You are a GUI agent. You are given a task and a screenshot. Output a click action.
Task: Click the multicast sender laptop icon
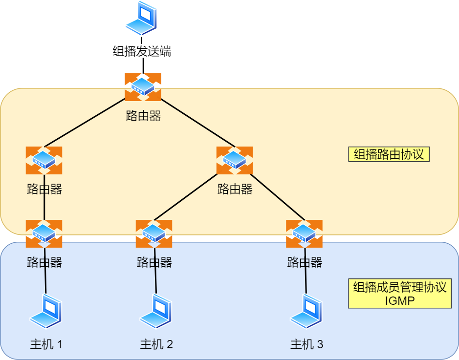[142, 19]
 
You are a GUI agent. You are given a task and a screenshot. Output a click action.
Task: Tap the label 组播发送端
[142, 51]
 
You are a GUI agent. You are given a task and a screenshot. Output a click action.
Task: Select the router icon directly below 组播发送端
[143, 87]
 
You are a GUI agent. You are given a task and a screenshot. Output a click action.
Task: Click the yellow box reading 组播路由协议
[389, 154]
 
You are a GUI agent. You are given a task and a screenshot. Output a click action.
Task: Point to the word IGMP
[399, 300]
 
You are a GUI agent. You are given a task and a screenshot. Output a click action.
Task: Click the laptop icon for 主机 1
[46, 311]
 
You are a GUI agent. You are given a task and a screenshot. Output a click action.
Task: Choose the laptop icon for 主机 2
[156, 311]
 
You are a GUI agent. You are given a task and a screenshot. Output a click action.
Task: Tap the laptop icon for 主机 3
[306, 311]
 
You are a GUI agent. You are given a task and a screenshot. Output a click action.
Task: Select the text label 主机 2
[156, 344]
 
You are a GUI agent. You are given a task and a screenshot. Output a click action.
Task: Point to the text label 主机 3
[306, 344]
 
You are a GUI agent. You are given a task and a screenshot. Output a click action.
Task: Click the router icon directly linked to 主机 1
[44, 233]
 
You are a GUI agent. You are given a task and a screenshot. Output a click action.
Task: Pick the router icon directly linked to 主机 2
[154, 233]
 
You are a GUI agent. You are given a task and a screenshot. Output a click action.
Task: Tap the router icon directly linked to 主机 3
[304, 233]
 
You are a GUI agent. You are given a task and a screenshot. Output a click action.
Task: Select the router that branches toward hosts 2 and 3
[235, 160]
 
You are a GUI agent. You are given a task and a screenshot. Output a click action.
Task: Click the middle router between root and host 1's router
[44, 160]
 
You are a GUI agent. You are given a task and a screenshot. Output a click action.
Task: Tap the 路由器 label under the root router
[143, 116]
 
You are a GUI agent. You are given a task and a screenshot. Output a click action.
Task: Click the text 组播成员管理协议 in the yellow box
[399, 287]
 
